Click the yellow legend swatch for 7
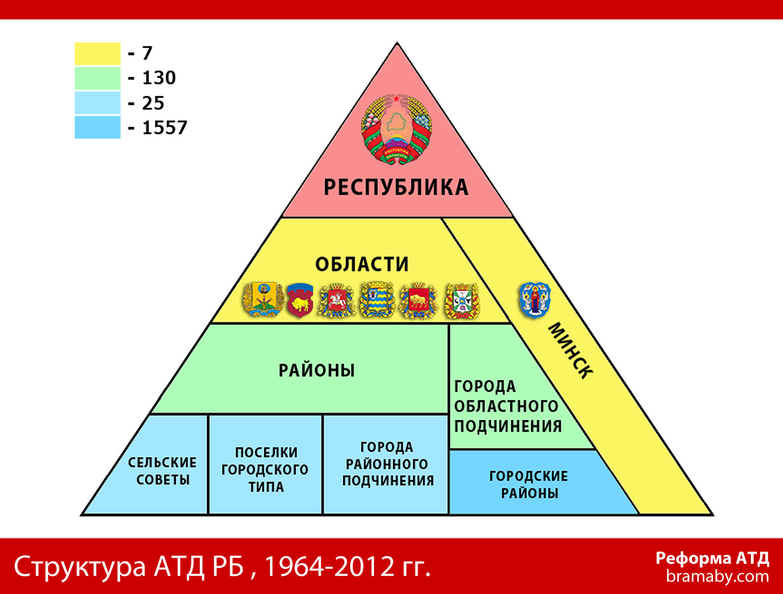coord(97,54)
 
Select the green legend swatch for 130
coord(97,78)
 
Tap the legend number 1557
coord(164,127)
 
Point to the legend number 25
coord(153,103)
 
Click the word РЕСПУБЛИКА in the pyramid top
coord(396,187)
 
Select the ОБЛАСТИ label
coord(362,264)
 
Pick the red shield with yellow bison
coord(300,300)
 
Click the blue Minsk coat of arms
coord(535,300)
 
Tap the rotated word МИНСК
coord(571,351)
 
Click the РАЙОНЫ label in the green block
coord(317,371)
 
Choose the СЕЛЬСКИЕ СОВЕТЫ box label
coord(163,471)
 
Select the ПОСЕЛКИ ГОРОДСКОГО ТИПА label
coord(266,470)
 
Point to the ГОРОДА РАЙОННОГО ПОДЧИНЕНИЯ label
coord(388,464)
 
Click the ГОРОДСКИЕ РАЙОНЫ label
coord(528,485)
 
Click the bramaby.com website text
coord(717,577)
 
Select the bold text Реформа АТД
coord(713,559)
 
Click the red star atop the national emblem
coord(397,98)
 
